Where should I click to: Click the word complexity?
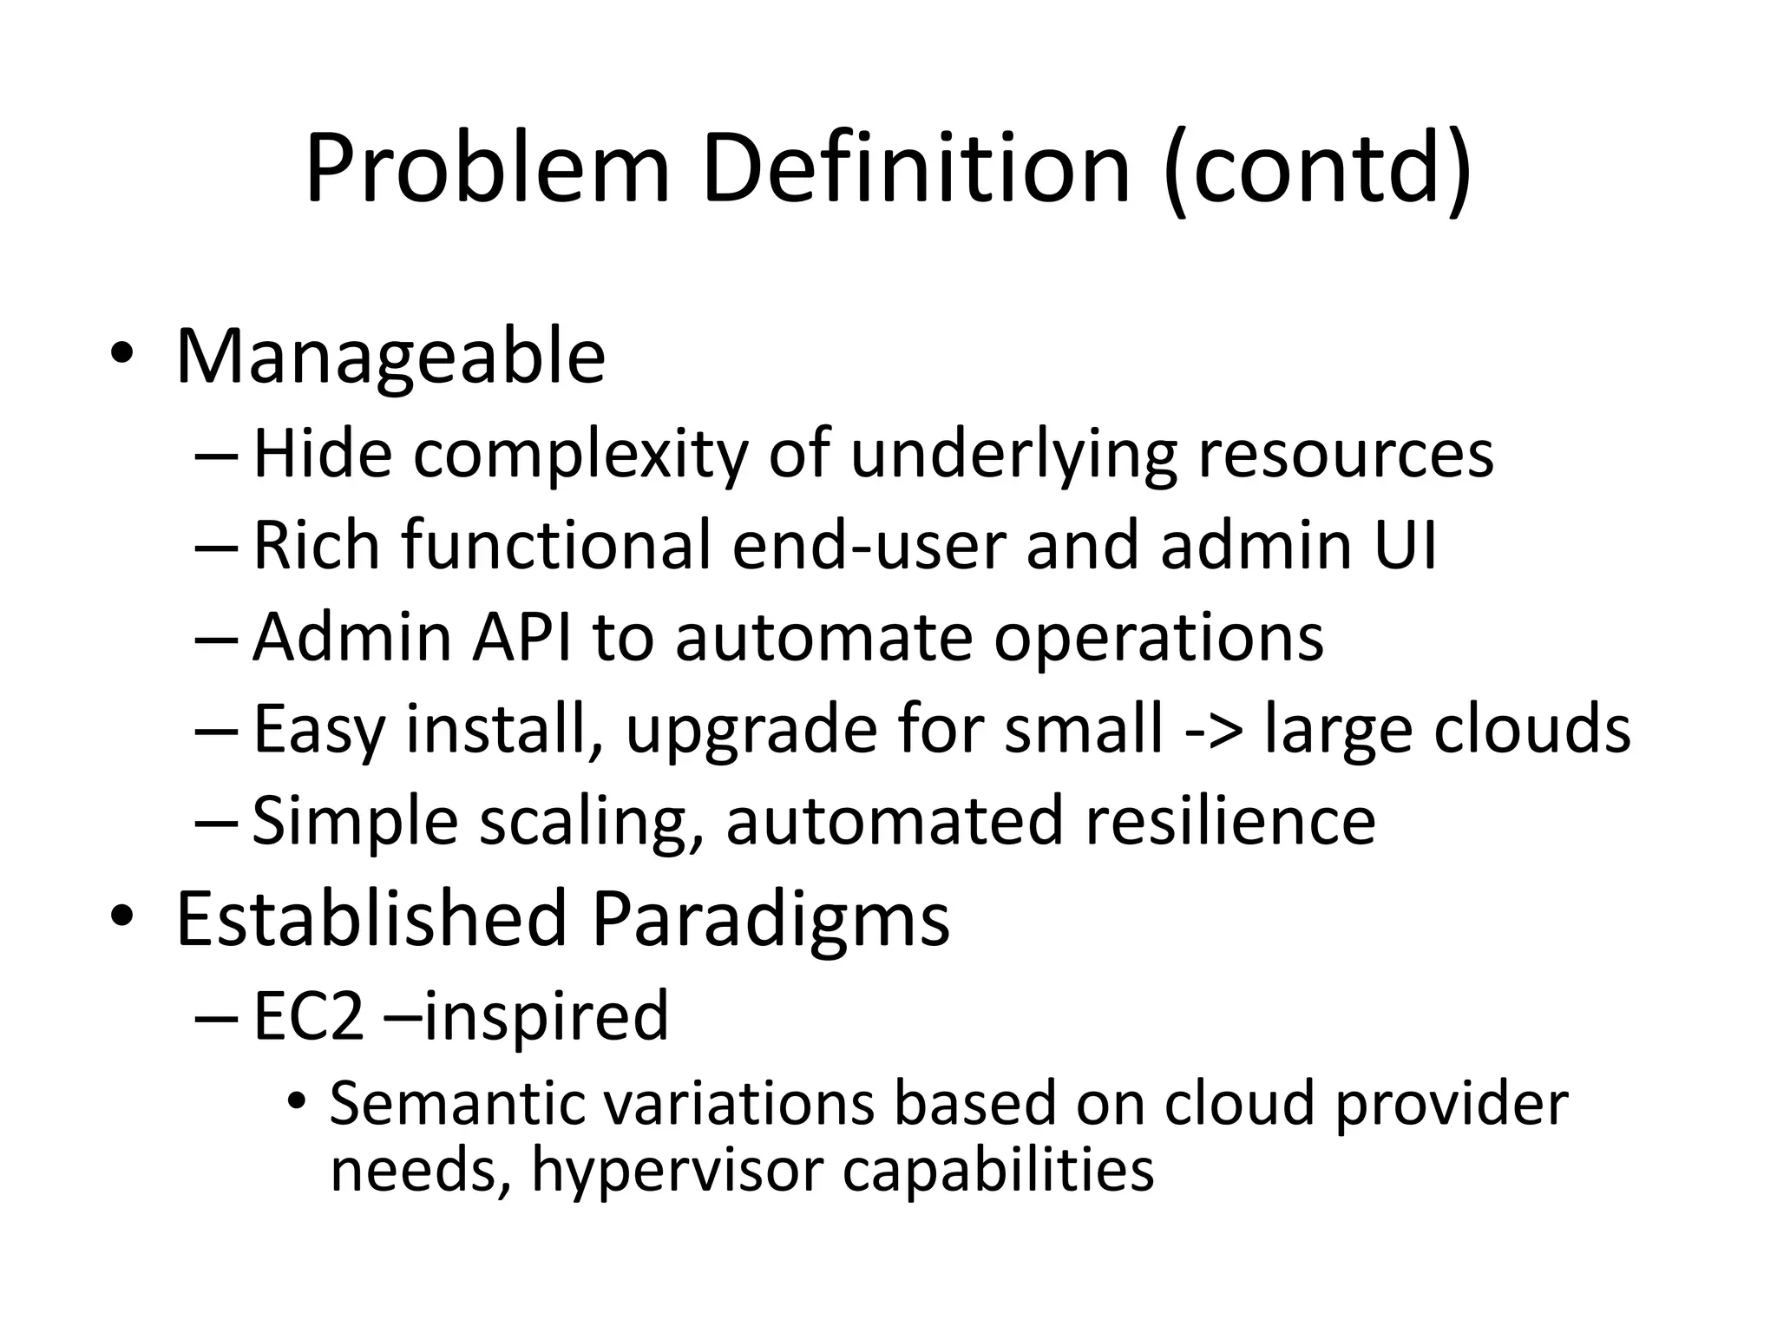[x=580, y=455]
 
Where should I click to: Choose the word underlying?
[x=1013, y=455]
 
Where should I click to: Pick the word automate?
[x=823, y=637]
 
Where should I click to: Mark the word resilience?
[x=1230, y=821]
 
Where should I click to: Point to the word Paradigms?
[x=770, y=920]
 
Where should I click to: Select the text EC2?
[x=308, y=1015]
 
